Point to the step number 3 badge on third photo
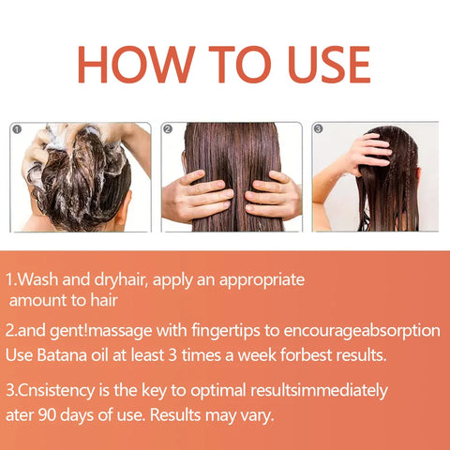pos(318,128)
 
